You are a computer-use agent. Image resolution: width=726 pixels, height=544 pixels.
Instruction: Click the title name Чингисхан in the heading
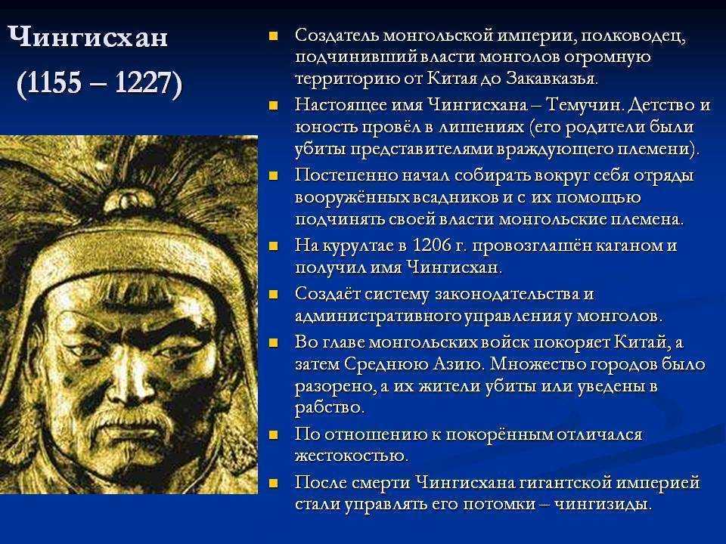[x=88, y=38]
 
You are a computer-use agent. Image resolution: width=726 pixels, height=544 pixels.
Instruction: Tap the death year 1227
[x=142, y=83]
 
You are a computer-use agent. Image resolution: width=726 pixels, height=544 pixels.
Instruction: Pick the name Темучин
[x=585, y=105]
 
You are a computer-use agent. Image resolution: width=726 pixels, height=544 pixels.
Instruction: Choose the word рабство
[x=330, y=407]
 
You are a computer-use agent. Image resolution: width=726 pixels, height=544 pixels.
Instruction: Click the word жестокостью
[x=352, y=456]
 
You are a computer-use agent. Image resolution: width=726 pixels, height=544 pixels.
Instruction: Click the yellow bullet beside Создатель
[x=273, y=36]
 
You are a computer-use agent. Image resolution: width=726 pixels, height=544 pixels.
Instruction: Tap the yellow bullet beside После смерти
[x=273, y=484]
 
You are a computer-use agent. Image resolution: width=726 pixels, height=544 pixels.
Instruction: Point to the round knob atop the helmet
[x=124, y=199]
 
